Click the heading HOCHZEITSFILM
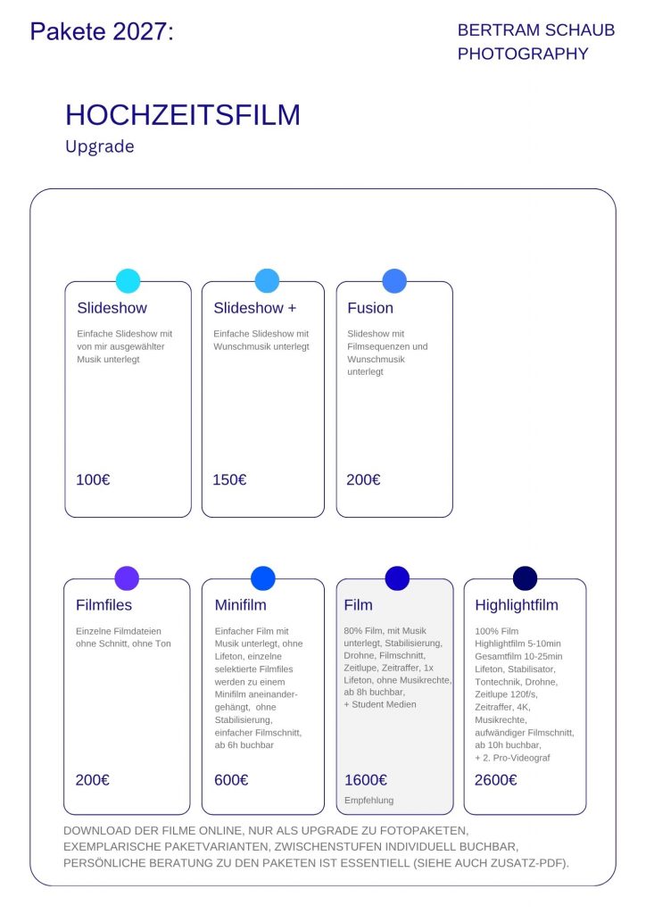tap(183, 115)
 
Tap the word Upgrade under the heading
tap(100, 147)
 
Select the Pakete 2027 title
tap(102, 31)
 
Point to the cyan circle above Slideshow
tap(128, 281)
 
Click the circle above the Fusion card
tap(394, 281)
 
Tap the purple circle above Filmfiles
tap(127, 578)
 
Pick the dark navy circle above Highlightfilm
tap(525, 578)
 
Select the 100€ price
tap(93, 479)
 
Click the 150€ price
tap(229, 479)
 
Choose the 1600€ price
tap(366, 780)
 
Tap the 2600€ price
tap(496, 780)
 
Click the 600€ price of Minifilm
tap(231, 780)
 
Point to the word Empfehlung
tap(369, 801)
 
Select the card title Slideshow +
tap(254, 308)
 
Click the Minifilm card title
tap(241, 605)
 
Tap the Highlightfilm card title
tap(517, 605)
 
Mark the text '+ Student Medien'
tap(380, 704)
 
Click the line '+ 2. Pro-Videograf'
tap(512, 758)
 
